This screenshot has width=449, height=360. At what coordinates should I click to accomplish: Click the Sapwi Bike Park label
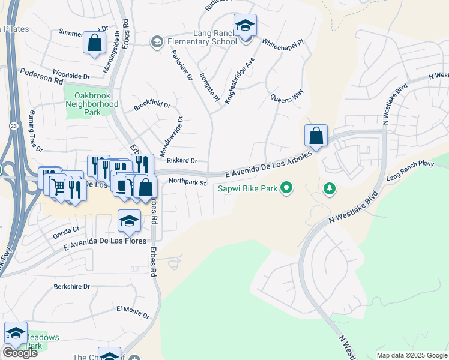(x=248, y=188)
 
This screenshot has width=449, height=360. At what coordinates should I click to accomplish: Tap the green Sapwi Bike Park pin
(x=286, y=188)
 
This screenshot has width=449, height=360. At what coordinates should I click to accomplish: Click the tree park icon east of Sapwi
(x=329, y=189)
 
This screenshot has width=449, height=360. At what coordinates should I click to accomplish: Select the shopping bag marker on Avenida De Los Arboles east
(x=316, y=137)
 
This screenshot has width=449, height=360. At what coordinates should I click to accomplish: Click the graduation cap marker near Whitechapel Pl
(x=244, y=26)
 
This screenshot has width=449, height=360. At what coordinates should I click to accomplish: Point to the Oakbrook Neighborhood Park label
(x=92, y=104)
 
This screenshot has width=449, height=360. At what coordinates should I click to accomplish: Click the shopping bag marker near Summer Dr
(x=94, y=43)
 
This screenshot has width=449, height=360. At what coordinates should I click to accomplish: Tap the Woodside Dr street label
(x=71, y=76)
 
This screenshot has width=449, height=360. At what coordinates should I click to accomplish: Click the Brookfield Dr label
(x=152, y=104)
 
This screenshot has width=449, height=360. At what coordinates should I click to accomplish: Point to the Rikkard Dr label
(x=182, y=160)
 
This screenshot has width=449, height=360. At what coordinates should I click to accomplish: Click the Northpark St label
(x=187, y=182)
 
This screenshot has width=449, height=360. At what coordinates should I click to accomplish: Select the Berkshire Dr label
(x=71, y=287)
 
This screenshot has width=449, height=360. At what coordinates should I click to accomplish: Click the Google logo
(x=20, y=353)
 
